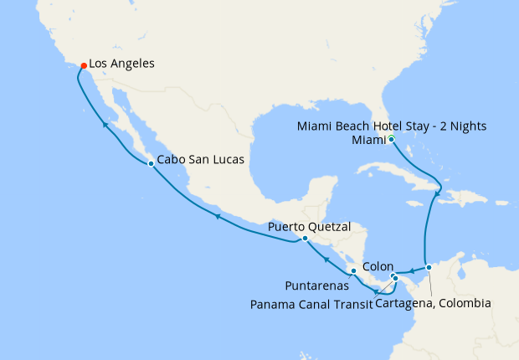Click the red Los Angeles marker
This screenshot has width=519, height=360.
pyautogui.click(x=83, y=65)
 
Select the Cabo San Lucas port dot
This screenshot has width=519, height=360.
pyautogui.click(x=150, y=163)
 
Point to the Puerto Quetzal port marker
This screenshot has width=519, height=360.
pyautogui.click(x=305, y=238)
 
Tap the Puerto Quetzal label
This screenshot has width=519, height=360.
pyautogui.click(x=309, y=227)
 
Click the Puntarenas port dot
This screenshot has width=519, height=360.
pyautogui.click(x=354, y=271)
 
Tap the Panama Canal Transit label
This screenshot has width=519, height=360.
pyautogui.click(x=311, y=303)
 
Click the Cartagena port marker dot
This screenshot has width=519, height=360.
pyautogui.click(x=429, y=268)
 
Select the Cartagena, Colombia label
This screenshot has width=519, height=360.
pyautogui.click(x=433, y=303)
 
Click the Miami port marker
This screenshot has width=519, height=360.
pyautogui.click(x=391, y=139)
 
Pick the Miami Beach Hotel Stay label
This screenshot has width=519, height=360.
pyautogui.click(x=393, y=126)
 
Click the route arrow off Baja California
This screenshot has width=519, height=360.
pyautogui.click(x=105, y=125)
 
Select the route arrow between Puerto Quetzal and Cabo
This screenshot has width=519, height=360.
pyautogui.click(x=217, y=216)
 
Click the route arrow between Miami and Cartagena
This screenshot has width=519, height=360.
pyautogui.click(x=437, y=195)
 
